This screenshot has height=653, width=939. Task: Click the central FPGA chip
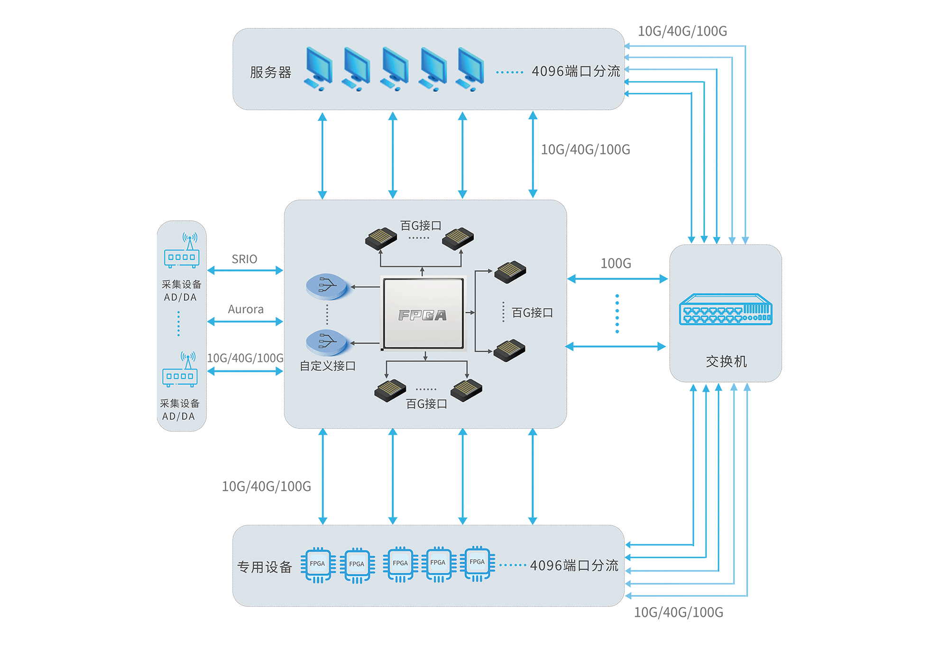click(423, 314)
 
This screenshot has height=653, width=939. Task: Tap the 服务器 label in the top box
click(270, 72)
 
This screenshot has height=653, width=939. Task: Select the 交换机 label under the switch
click(726, 361)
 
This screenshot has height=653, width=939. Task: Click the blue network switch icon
click(726, 309)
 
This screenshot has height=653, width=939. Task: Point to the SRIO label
click(244, 259)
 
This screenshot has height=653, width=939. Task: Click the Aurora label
click(245, 309)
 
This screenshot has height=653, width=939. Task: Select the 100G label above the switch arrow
click(616, 263)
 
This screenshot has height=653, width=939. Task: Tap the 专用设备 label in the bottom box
click(264, 567)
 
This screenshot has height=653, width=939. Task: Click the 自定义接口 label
click(327, 366)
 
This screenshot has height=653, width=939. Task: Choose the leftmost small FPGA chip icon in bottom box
click(318, 564)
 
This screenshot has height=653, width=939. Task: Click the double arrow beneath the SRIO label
click(245, 270)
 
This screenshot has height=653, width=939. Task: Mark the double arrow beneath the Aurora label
click(245, 322)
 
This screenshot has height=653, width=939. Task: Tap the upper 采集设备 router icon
click(182, 251)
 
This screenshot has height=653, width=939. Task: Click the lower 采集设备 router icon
click(180, 370)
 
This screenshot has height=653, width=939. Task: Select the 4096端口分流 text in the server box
click(576, 71)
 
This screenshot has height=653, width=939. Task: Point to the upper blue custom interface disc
click(326, 286)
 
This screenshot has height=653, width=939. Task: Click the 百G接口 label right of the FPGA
click(532, 313)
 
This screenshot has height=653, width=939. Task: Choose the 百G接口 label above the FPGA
click(421, 225)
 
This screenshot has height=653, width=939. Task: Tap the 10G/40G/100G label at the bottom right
click(678, 612)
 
